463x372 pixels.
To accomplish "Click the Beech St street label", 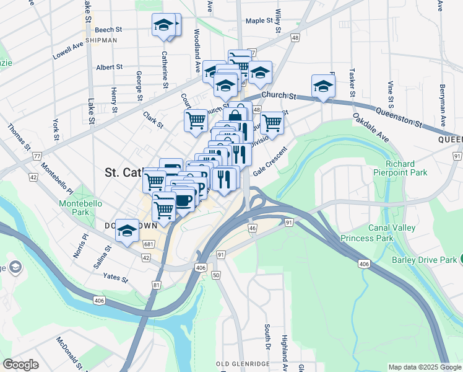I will pos(108,29).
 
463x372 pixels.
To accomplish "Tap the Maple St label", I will pos(259,20).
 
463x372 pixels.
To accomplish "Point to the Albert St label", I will pos(110,67).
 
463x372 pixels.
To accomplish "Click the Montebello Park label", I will pos(75,207).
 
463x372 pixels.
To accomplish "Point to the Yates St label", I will pos(115,278).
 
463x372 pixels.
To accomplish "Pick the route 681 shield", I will pos(148,244).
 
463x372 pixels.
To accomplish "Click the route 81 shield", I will pos(156,285).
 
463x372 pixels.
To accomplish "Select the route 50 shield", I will pos(216,274).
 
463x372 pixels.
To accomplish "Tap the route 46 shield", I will pos(252,228).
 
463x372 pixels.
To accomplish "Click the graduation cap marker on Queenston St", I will pos(323,87).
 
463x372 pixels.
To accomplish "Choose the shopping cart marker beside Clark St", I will pos(196,120).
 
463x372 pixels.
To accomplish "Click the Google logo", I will pos(21,365).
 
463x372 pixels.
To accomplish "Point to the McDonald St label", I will pos(70,350).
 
